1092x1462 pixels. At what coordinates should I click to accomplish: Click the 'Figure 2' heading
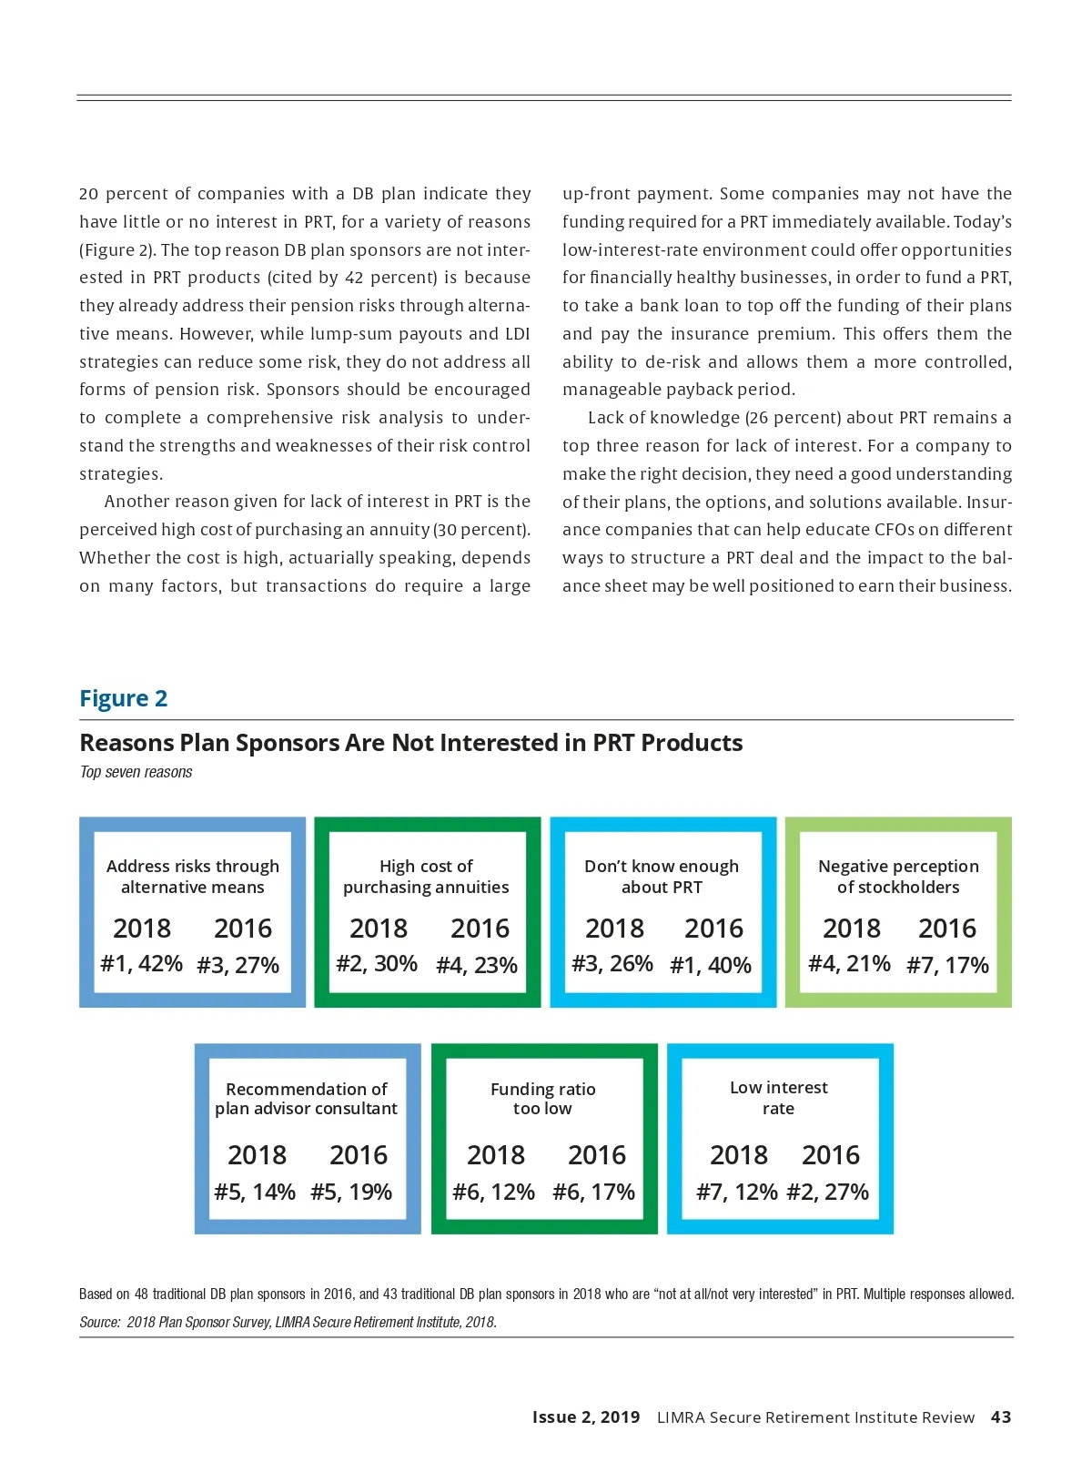(124, 698)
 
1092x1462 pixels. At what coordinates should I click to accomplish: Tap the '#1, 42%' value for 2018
(141, 963)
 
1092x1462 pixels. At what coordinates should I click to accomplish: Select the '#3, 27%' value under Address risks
(238, 965)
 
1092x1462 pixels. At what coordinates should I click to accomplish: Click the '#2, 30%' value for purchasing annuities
(377, 963)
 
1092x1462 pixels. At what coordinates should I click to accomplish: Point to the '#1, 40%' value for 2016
(711, 965)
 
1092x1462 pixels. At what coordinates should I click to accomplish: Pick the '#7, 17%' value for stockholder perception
(947, 965)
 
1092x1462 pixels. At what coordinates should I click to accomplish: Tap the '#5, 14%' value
(255, 1192)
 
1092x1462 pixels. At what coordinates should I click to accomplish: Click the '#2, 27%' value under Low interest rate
(827, 1192)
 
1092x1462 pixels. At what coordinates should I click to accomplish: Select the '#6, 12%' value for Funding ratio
(494, 1192)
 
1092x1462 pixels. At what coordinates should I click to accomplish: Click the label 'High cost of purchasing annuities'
(426, 877)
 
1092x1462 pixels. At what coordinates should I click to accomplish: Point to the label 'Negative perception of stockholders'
(898, 877)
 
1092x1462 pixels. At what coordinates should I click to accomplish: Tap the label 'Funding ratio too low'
(542, 1099)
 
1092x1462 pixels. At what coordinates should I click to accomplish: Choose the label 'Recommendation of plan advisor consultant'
(307, 1099)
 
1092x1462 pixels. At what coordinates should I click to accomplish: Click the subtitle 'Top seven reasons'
(136, 772)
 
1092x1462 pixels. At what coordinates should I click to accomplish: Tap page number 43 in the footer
(1001, 1416)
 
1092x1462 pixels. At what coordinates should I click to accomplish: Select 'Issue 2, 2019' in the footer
(586, 1416)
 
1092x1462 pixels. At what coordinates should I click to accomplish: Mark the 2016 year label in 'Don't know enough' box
(713, 929)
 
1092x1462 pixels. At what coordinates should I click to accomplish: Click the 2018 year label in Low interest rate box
(739, 1155)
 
